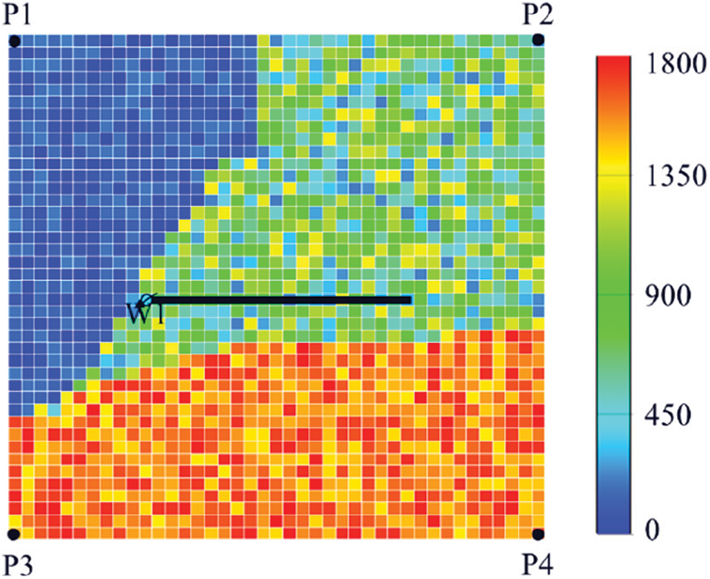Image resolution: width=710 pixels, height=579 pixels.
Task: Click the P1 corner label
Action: (x=17, y=14)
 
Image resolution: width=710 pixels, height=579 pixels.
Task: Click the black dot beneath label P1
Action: (x=14, y=40)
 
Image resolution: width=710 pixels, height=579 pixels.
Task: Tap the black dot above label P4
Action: (x=538, y=535)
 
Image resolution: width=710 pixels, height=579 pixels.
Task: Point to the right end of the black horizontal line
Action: (x=410, y=300)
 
